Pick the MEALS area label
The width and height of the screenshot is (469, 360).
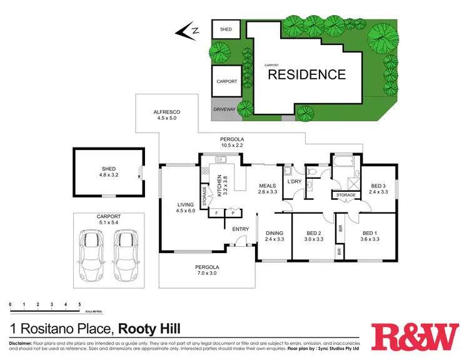(x=268, y=185)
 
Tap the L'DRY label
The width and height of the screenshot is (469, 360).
(x=295, y=182)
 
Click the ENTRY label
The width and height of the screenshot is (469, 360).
(x=241, y=229)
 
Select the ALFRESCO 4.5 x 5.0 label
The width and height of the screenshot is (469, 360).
(x=167, y=112)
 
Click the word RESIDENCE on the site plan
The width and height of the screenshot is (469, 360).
(x=306, y=75)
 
